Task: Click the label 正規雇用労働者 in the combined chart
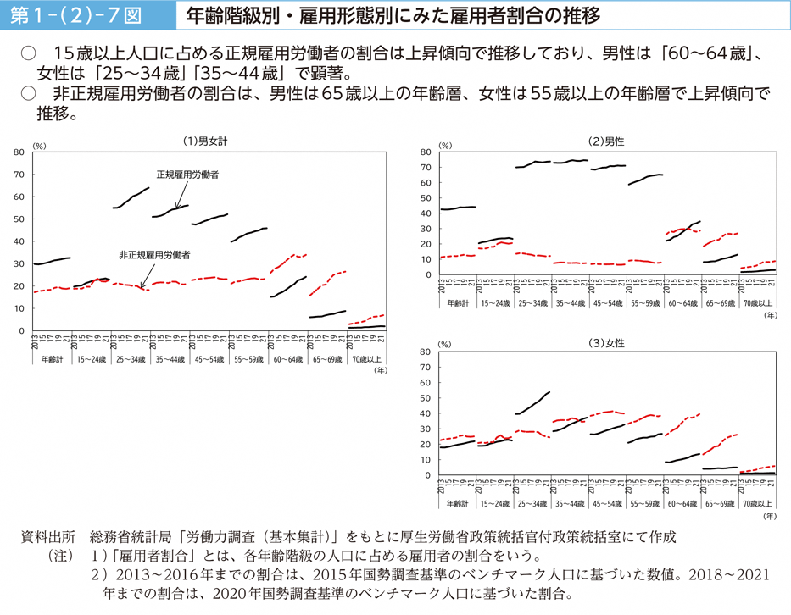(187, 175)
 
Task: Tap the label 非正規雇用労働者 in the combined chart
(154, 254)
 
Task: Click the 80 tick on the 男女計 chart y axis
(19, 152)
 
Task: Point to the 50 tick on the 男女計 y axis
(19, 219)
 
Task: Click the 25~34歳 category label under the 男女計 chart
(131, 359)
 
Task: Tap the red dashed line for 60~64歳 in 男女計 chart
(288, 258)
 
